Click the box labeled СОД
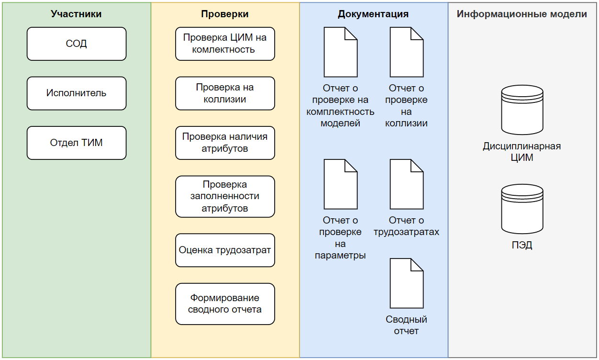(77, 44)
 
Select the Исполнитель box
(77, 93)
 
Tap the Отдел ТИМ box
(77, 143)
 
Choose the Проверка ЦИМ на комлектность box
(225, 44)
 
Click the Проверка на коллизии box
(225, 93)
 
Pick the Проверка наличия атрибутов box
(225, 143)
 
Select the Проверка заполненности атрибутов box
(225, 196)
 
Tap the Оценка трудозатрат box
(225, 250)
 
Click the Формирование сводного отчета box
(225, 304)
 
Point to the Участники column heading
(77, 14)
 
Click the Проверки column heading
(225, 14)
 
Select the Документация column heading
(373, 14)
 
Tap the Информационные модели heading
(521, 14)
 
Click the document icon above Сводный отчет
(407, 283)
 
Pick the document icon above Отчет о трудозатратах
(407, 184)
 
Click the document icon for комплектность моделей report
(341, 52)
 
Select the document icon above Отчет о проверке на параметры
(341, 184)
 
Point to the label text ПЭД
(522, 246)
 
